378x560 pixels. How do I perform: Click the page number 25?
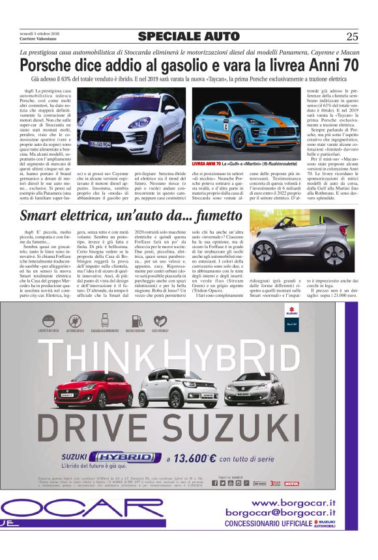[352, 36]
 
